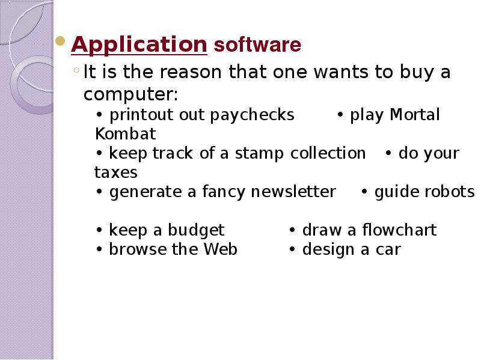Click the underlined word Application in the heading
coord(139,45)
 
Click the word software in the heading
coord(258,44)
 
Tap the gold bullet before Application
coord(61,41)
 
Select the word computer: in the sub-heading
coord(130,94)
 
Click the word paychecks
coord(252,115)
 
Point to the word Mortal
coord(415,114)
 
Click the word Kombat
coord(126,133)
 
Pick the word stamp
coord(260,153)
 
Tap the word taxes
coord(116,172)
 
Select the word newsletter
coord(293,192)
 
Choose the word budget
coord(196,231)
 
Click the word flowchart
coord(399,230)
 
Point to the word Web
coord(221,249)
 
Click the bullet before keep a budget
coord(99,230)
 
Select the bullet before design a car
coord(292,249)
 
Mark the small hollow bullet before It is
coord(76,70)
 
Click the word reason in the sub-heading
coord(191,72)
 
